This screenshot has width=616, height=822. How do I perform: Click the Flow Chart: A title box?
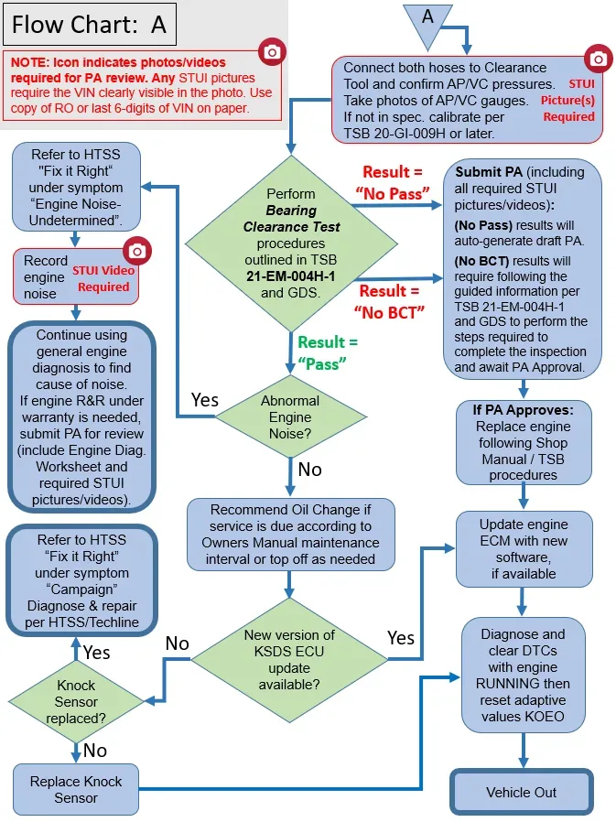[x=90, y=24]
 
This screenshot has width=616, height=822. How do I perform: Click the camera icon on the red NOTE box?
[x=272, y=51]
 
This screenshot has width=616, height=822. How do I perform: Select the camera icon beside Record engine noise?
[x=137, y=251]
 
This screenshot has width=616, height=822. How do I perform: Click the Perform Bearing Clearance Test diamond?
[x=291, y=243]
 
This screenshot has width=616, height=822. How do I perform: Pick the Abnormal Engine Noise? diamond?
[x=290, y=417]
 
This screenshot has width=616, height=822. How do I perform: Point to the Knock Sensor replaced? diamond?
[x=77, y=701]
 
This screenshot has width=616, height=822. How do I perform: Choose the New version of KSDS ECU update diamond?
[x=289, y=659]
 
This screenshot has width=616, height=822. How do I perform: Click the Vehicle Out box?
[x=522, y=792]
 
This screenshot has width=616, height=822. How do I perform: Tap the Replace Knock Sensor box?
[x=76, y=789]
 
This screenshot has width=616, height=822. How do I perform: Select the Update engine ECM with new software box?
[x=524, y=549]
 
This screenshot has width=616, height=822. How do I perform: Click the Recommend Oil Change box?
[x=290, y=535]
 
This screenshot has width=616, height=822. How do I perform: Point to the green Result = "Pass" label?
[x=328, y=352]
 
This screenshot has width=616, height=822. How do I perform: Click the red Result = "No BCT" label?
[x=389, y=302]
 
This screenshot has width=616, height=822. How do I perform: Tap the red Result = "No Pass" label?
[x=393, y=183]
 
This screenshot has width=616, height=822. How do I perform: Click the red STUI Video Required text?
[x=103, y=278]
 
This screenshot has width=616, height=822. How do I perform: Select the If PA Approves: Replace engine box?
[x=524, y=442]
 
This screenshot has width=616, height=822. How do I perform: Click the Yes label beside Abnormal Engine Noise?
[x=204, y=400]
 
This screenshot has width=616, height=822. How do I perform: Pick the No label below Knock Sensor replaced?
[x=95, y=751]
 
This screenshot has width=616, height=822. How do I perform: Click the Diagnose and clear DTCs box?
[x=524, y=675]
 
